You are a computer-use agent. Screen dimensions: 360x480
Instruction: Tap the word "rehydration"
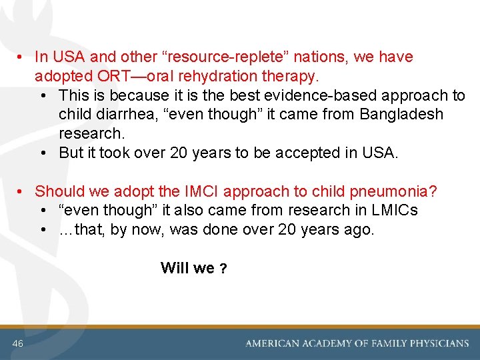pyautogui.click(x=197, y=76)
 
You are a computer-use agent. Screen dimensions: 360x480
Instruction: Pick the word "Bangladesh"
pyautogui.click(x=401, y=115)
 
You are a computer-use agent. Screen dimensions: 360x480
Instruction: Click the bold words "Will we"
pyautogui.click(x=187, y=268)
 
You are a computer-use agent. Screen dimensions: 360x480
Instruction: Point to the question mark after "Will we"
pyautogui.click(x=224, y=269)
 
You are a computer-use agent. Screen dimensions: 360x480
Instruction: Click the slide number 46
pyautogui.click(x=17, y=343)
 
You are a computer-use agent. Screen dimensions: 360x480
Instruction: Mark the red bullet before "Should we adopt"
pyautogui.click(x=22, y=192)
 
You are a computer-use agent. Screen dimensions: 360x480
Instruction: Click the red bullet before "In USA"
pyautogui.click(x=22, y=57)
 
